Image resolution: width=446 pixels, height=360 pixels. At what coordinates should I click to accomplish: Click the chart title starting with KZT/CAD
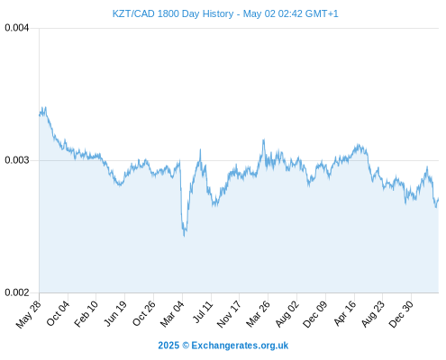pos(225,13)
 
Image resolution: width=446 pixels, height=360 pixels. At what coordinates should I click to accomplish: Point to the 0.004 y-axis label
pos(17,28)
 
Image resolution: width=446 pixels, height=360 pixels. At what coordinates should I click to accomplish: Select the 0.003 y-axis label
pos(17,160)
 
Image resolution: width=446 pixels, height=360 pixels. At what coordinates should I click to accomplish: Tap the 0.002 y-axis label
pos(17,292)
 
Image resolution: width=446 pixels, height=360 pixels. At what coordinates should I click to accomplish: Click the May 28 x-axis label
pos(29,314)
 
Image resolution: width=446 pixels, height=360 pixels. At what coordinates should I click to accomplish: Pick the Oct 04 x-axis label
pos(58,313)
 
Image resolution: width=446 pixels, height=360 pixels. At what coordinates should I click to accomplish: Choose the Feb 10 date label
pos(86,313)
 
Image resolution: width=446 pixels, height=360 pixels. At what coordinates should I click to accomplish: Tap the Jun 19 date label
pos(115,313)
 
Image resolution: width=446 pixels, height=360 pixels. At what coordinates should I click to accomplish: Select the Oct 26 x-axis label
pos(144,313)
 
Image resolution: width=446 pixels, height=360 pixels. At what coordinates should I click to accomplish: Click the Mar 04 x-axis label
pos(172,314)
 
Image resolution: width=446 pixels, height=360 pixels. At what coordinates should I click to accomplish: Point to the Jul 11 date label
pos(203,312)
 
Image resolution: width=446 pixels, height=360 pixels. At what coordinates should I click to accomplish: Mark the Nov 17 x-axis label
pos(229,314)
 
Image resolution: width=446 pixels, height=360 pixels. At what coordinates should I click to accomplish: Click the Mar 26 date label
pos(258,314)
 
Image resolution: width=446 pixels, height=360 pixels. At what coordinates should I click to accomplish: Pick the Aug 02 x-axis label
pos(287,314)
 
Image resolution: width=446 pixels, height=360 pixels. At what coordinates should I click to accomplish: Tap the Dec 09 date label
pos(315,314)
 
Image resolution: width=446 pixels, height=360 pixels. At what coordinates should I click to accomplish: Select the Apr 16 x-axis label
pos(345,313)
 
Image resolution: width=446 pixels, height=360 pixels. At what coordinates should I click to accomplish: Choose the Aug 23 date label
pos(373,314)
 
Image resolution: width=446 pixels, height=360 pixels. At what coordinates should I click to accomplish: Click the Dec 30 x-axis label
pos(401,314)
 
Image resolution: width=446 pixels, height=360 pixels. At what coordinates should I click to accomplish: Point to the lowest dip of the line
pos(184,236)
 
